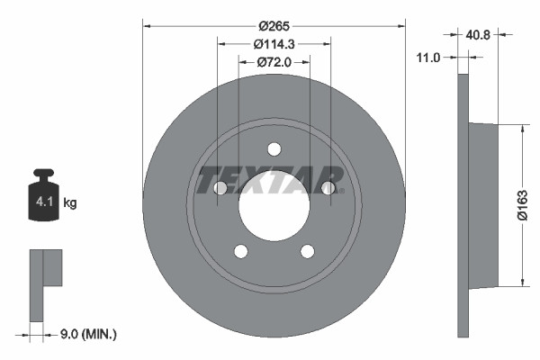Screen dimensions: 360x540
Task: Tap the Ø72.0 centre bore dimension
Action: coord(274,62)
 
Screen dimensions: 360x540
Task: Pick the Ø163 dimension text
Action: coord(531,205)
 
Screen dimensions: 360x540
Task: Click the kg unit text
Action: coord(70,203)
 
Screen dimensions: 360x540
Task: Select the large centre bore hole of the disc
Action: coord(274,205)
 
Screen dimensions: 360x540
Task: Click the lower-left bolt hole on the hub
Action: coord(240,252)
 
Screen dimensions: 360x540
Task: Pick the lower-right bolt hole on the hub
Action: coord(307,252)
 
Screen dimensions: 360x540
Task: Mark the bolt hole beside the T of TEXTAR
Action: coord(220,188)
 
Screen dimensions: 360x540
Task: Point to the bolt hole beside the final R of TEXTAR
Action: coord(328,188)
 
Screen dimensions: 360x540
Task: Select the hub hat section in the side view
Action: coord(484,205)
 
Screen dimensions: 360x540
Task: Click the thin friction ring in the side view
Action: coord(463,205)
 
